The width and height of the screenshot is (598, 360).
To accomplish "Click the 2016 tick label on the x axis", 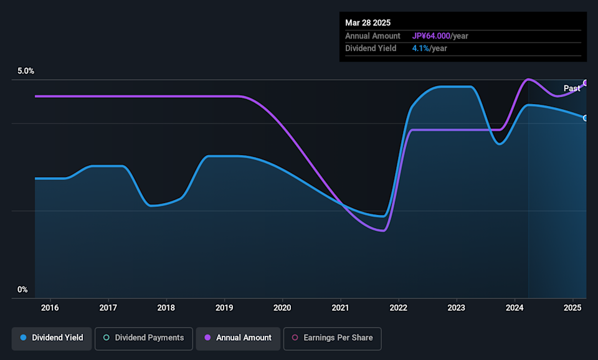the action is coord(50,308).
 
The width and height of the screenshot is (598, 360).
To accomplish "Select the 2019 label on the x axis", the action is coord(224,308).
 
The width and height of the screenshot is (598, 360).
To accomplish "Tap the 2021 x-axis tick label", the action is coord(340,308).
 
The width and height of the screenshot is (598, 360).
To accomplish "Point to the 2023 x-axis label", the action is coord(456,308).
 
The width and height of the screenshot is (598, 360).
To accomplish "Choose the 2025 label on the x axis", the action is coord(572,308).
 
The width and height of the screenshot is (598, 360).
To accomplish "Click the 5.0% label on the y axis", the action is coord(26,71).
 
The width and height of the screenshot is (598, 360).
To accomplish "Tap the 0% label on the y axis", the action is coord(22,290).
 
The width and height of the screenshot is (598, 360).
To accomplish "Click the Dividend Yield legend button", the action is coord(52,338).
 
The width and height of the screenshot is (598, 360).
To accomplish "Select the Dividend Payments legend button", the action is coord(144,338).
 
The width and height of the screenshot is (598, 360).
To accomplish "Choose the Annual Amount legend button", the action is coord(238,338).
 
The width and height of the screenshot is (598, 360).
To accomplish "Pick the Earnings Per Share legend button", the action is coord(332,338).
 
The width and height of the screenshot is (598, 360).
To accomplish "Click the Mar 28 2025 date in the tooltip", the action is coord(368,23).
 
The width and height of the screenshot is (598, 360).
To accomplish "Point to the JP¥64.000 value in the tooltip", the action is coord(431,36).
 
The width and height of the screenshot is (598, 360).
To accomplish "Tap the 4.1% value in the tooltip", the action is coord(420,49).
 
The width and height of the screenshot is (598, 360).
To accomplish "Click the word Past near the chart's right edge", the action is coord(572,88).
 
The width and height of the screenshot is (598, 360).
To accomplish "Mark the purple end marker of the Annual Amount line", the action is coord(586,83).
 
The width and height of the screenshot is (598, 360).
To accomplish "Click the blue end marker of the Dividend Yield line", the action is coord(586,118).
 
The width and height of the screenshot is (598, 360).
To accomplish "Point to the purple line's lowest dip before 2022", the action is coord(382,230).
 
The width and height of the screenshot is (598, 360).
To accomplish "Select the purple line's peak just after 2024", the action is coord(528,79).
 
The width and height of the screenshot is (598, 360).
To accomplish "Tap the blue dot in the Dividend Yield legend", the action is coord(23,338).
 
